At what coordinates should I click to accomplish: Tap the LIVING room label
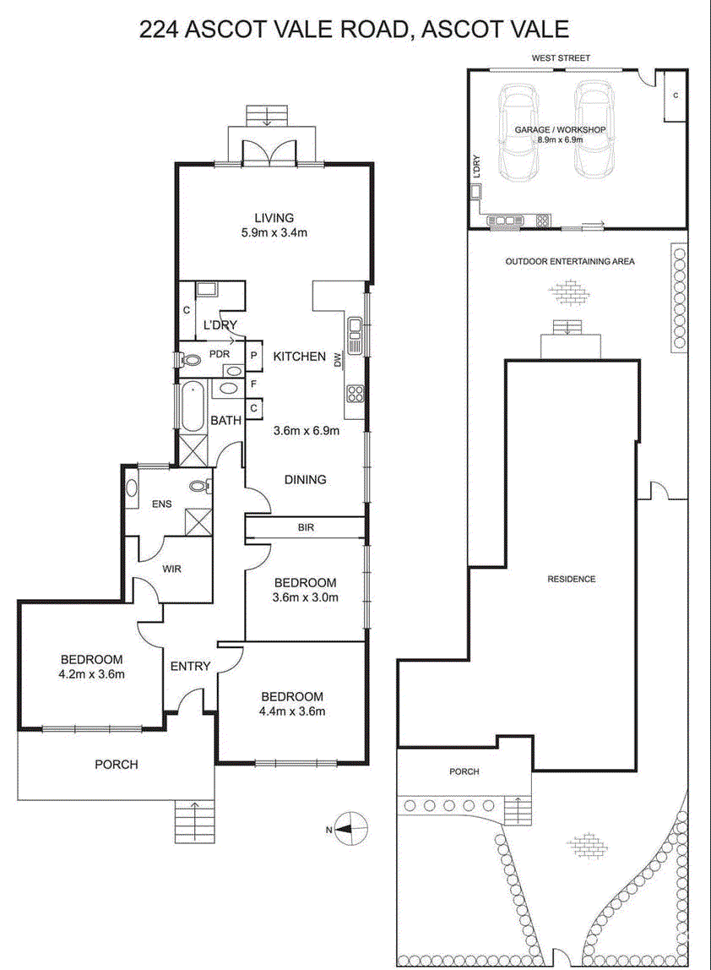tap(274, 218)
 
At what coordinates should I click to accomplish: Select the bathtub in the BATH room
tap(192, 407)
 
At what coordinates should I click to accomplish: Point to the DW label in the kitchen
tap(338, 359)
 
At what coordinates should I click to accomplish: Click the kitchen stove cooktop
tap(355, 394)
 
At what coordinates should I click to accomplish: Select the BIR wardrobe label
tap(306, 528)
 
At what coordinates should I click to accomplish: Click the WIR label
tap(172, 569)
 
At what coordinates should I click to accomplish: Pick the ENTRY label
tap(191, 667)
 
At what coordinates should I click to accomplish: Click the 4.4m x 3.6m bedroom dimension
tap(292, 711)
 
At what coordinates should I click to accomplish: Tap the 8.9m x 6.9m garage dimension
tap(560, 139)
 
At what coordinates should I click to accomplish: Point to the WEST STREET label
tap(561, 57)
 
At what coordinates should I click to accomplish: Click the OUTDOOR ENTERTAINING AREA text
tap(570, 262)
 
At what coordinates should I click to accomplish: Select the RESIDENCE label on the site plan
tap(572, 579)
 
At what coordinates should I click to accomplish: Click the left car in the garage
tap(519, 131)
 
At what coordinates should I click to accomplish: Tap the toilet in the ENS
tap(199, 486)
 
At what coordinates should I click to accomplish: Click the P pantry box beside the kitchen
tap(254, 357)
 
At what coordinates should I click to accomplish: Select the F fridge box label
tap(253, 384)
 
